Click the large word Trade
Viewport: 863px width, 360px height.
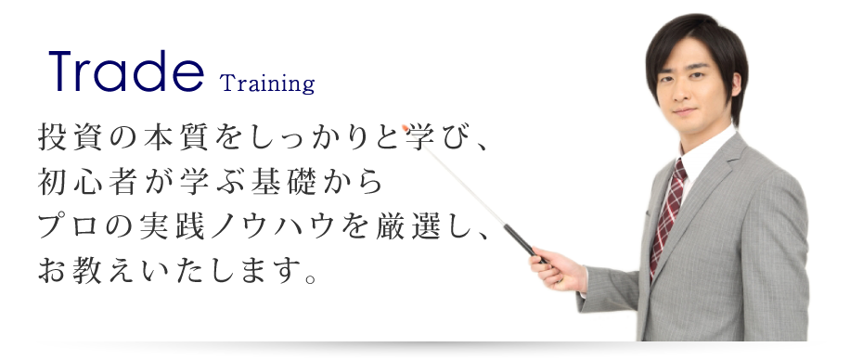(x=125, y=72)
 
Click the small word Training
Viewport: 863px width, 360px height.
(x=268, y=84)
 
